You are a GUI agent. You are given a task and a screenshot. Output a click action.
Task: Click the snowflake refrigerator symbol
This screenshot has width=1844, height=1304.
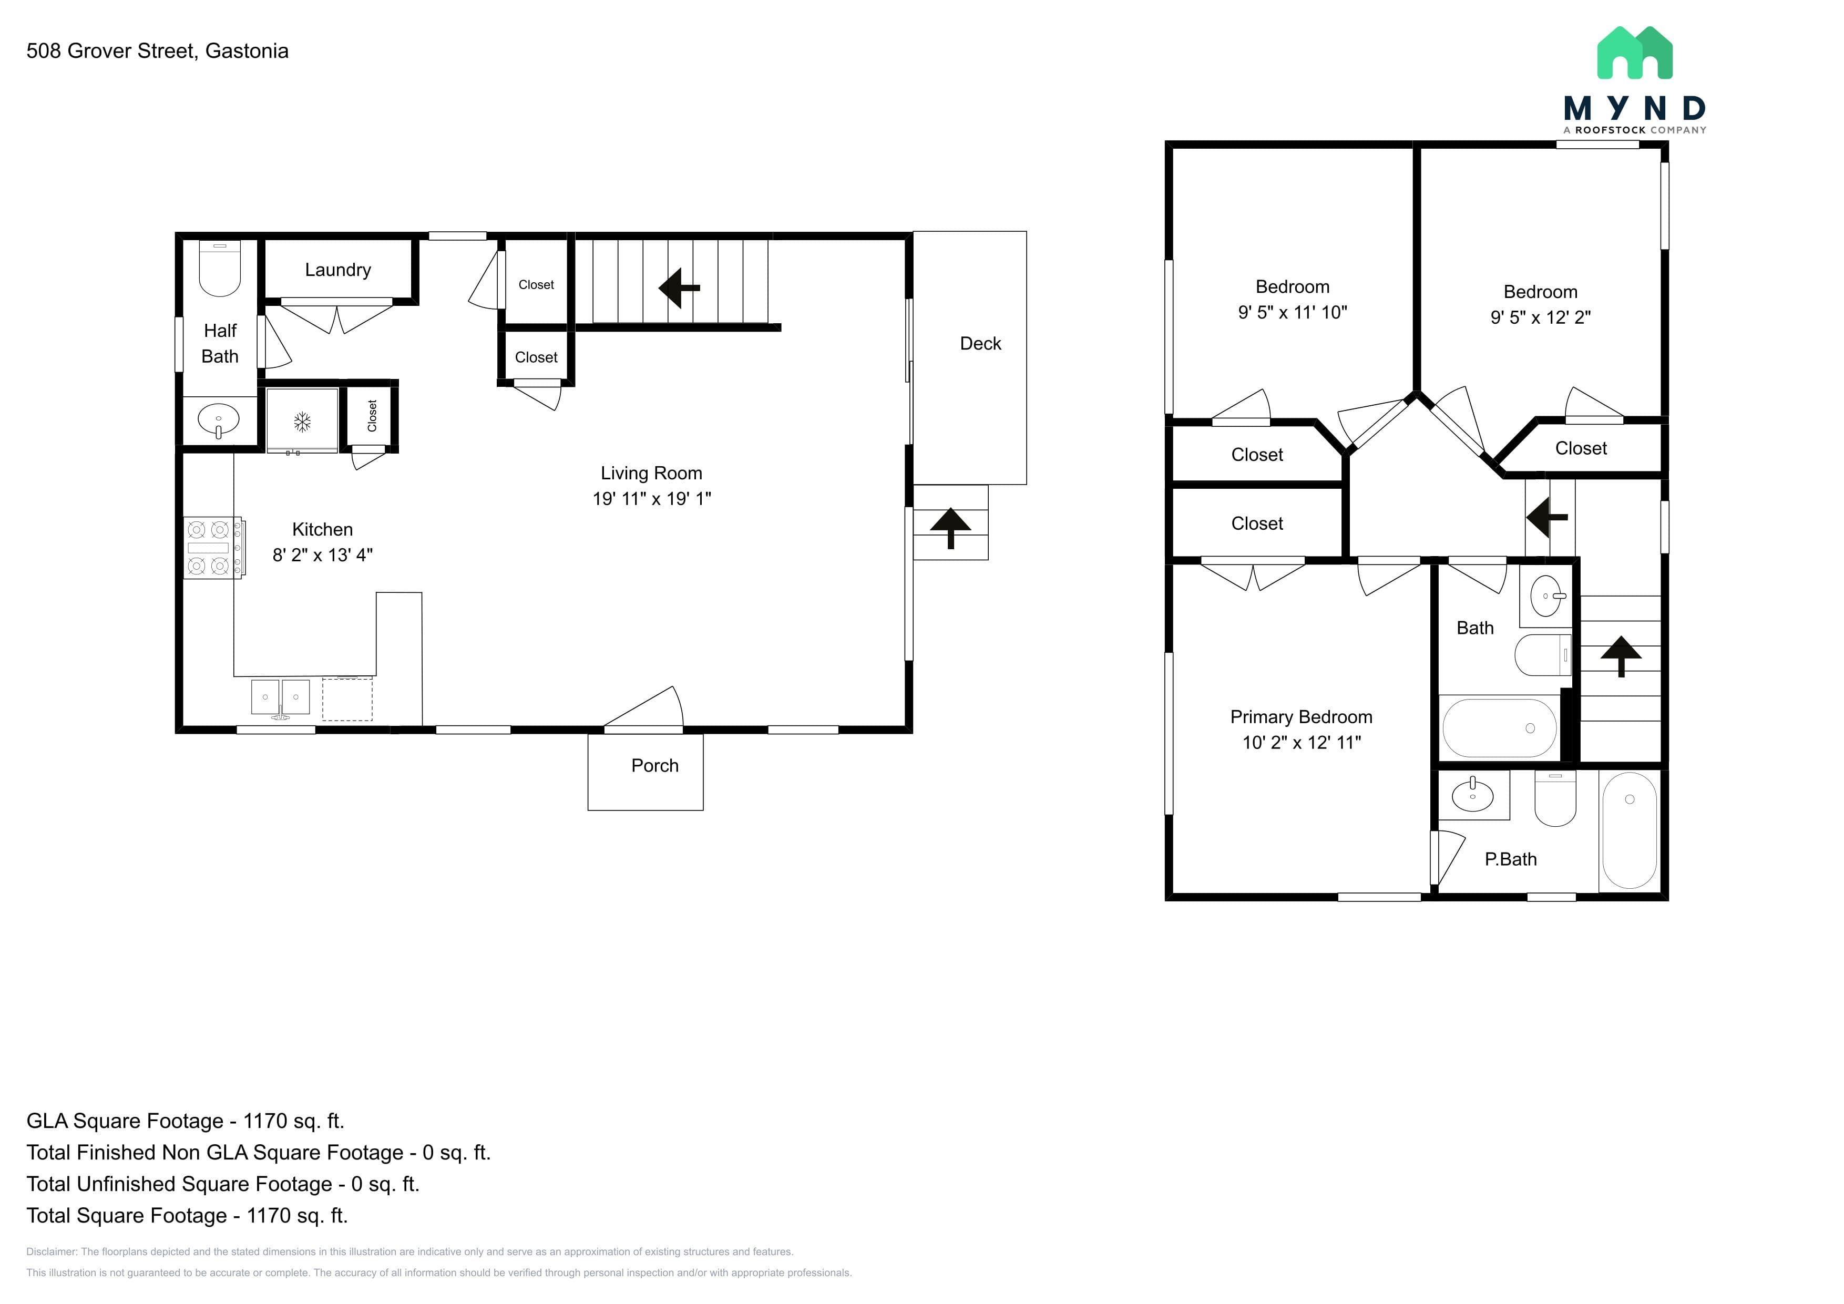click(302, 422)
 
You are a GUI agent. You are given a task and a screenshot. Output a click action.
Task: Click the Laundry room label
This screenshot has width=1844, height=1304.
click(338, 270)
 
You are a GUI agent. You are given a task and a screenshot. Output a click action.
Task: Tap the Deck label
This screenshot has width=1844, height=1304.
click(981, 344)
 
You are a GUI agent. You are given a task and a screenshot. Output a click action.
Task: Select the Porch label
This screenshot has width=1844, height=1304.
click(654, 766)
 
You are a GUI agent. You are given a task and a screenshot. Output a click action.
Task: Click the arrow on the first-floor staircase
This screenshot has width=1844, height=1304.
click(680, 288)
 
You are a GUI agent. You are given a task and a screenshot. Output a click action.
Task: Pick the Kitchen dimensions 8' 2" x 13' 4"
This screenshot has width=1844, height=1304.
click(323, 555)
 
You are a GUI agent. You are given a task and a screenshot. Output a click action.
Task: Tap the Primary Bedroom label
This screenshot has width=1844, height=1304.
click(1301, 717)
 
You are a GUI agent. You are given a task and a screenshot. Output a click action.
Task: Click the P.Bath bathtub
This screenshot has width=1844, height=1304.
click(1630, 830)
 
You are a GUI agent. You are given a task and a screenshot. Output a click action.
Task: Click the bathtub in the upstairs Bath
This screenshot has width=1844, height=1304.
click(1500, 728)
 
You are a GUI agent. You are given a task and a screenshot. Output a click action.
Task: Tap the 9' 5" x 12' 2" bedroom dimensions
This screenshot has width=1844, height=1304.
click(1540, 317)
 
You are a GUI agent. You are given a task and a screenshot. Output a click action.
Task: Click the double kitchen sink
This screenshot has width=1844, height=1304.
click(280, 697)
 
